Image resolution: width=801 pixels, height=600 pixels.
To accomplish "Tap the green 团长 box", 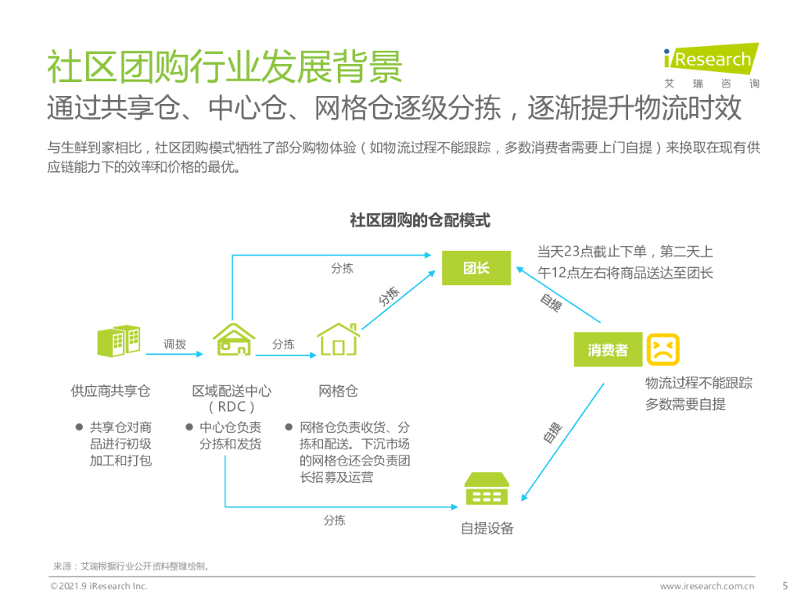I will click(x=476, y=268).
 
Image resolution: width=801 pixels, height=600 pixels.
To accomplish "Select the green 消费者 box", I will click(x=608, y=350).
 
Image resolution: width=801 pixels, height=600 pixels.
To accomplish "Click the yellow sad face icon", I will click(x=663, y=349).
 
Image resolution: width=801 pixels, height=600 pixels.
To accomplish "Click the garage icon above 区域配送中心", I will click(x=234, y=341).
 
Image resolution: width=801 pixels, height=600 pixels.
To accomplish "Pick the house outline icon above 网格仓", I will click(x=338, y=341).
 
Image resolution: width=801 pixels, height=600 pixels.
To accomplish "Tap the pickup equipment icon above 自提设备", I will click(x=487, y=490).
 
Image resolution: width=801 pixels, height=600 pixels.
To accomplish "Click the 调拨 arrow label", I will click(x=174, y=344).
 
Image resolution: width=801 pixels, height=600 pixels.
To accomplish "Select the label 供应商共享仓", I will click(x=110, y=391).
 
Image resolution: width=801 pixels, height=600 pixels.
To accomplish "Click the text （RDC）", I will click(x=232, y=407).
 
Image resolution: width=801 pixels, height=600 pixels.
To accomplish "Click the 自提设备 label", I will click(x=487, y=528).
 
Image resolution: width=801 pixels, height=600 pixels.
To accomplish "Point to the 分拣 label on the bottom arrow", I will click(x=334, y=520).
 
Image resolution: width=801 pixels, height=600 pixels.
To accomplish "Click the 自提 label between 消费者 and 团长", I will click(x=551, y=302).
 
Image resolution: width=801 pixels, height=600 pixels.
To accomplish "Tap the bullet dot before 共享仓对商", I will click(x=78, y=427).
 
